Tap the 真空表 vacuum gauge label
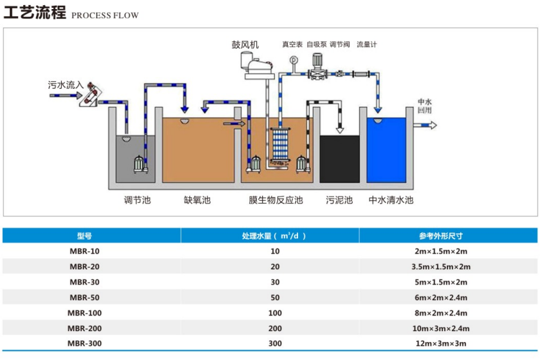click(x=292, y=45)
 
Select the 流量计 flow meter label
click(x=366, y=45)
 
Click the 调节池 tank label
click(x=136, y=200)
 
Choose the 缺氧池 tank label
click(x=197, y=200)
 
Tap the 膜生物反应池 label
click(x=276, y=200)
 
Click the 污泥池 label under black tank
click(x=339, y=200)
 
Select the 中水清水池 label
click(x=391, y=200)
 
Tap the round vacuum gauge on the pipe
click(x=293, y=62)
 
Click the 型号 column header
click(x=84, y=236)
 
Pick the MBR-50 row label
click(x=84, y=297)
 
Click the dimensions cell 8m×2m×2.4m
click(x=440, y=312)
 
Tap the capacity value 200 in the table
click(x=276, y=328)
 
